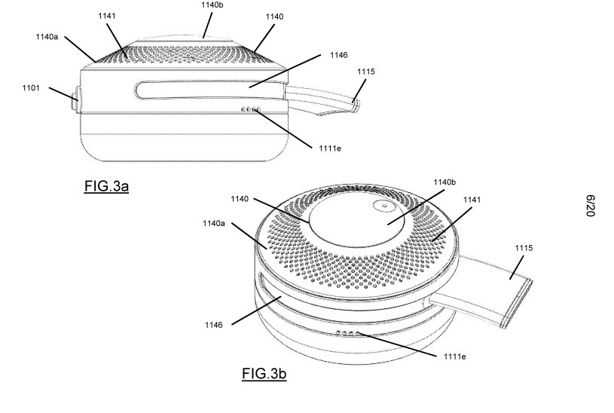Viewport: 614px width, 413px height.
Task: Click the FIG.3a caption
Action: point(106,186)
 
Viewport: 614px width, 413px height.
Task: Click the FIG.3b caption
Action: point(264,373)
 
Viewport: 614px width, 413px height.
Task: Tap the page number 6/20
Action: point(591,205)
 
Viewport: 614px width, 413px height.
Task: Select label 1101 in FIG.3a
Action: point(31,87)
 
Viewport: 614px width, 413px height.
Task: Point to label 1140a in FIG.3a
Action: point(47,37)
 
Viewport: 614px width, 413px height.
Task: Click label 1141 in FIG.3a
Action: point(107,16)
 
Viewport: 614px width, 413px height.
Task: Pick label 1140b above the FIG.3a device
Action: point(212,5)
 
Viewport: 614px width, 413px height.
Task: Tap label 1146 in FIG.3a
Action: point(339,55)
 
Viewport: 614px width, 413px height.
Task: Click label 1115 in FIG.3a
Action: point(365,72)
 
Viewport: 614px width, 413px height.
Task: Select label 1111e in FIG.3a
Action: point(330,148)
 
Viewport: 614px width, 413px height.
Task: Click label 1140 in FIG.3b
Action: point(240,199)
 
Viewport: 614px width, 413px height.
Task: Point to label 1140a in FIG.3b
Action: point(214,223)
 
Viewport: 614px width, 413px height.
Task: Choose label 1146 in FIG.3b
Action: point(214,325)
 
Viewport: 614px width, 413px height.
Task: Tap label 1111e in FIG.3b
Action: point(454,356)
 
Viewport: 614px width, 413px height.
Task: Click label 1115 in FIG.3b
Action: point(524,248)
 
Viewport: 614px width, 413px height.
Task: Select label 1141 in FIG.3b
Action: point(472,200)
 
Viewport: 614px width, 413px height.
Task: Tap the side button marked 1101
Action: point(76,100)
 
